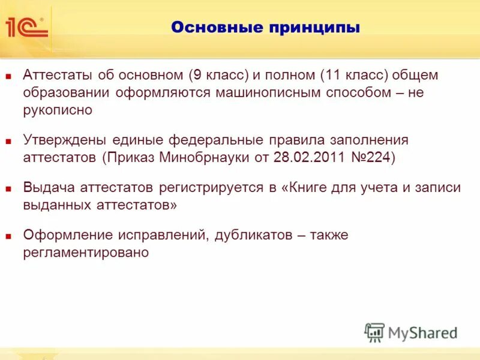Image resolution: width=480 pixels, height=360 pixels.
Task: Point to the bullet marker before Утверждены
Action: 8,142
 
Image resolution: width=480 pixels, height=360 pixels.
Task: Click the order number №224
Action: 372,158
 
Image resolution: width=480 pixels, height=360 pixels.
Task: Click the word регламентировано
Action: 86,253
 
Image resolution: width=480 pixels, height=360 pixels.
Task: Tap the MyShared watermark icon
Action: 375,332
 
